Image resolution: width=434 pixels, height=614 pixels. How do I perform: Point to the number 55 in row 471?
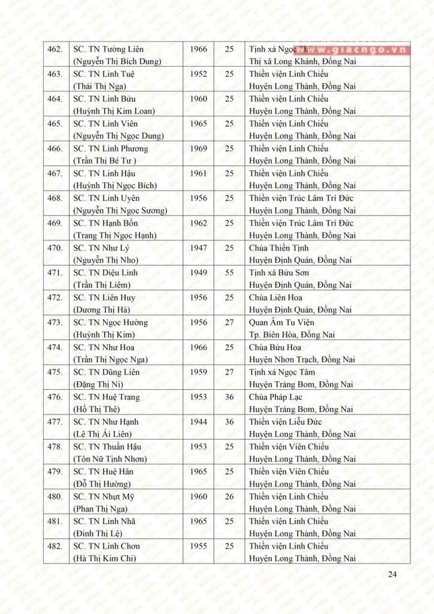point(229,273)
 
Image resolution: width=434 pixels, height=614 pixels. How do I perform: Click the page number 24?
point(393,574)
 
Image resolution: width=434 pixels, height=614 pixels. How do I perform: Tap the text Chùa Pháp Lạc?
point(276,397)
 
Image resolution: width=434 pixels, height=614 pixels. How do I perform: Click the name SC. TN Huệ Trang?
point(106,397)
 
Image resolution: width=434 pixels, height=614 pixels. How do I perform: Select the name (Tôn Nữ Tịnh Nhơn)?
point(110,458)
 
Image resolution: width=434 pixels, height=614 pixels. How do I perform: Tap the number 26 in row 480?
point(229,496)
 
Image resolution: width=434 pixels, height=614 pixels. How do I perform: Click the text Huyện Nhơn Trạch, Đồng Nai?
point(301,359)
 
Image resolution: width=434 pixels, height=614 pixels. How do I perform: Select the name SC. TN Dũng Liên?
point(106,372)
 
